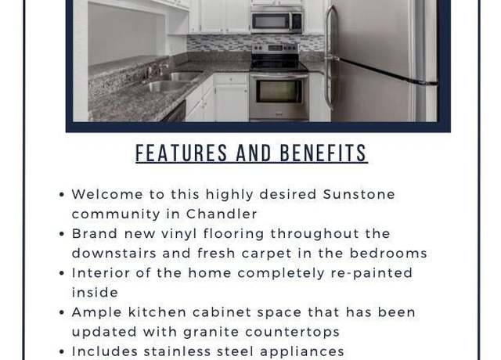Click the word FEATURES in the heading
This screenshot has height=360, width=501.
tap(181, 153)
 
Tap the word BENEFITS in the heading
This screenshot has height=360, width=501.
tap(323, 153)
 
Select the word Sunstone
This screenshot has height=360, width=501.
tap(359, 194)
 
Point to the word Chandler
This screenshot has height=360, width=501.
tap(222, 214)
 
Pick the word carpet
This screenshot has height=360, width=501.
tap(267, 254)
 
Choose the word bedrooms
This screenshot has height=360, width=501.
tap(388, 254)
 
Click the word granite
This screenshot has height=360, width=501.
tap(211, 332)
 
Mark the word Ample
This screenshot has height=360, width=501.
tap(96, 313)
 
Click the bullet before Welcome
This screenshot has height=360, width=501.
tap(62, 195)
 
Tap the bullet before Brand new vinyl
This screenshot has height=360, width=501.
tap(62, 234)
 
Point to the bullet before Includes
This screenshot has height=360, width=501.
tap(62, 351)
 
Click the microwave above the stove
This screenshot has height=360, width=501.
tap(276, 21)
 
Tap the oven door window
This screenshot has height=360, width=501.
tap(279, 91)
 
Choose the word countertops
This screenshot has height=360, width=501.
tap(292, 332)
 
